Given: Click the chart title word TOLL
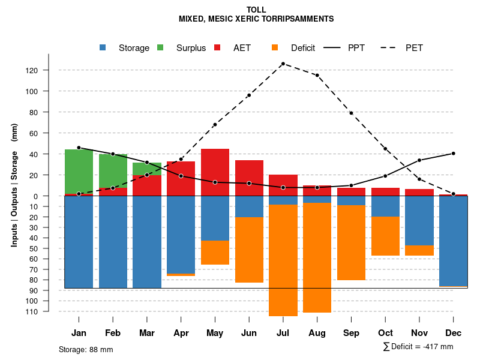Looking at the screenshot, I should pyautogui.click(x=256, y=10).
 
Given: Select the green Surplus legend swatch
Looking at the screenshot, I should pyautogui.click(x=161, y=47).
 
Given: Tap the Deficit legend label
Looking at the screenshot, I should pyautogui.click(x=303, y=48).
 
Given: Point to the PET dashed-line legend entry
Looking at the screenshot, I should pyautogui.click(x=414, y=48).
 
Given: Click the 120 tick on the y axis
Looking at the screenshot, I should pyautogui.click(x=48, y=70).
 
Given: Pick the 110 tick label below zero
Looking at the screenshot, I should pyautogui.click(x=48, y=311).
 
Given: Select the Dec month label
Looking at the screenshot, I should pyautogui.click(x=454, y=333).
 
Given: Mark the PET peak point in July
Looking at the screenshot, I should pyautogui.click(x=283, y=64).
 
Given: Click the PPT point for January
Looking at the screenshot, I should pyautogui.click(x=79, y=148).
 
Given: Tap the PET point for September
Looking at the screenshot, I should pyautogui.click(x=351, y=113).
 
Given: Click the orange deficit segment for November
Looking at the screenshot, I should pyautogui.click(x=419, y=250).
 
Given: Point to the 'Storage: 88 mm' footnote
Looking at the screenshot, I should pyautogui.click(x=86, y=349).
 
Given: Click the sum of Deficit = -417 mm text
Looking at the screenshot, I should pyautogui.click(x=418, y=347).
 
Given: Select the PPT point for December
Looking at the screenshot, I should pyautogui.click(x=454, y=154).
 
